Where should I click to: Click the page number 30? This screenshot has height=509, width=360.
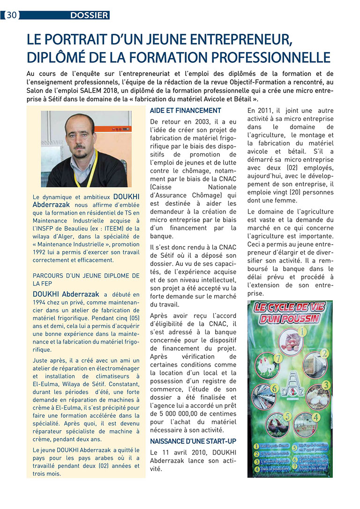(x=12, y=15)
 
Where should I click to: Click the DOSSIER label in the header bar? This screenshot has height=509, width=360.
(x=89, y=15)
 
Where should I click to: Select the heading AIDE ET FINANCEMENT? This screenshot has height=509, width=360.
(x=185, y=111)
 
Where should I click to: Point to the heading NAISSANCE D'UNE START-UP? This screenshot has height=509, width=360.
(x=193, y=442)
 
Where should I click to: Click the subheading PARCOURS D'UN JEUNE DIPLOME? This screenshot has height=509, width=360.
(x=86, y=276)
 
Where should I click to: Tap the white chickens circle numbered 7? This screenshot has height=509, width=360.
(x=267, y=366)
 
